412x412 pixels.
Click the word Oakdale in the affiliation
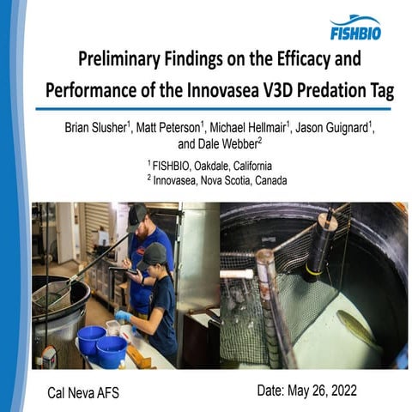(219, 164)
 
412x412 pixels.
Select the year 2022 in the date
(341, 390)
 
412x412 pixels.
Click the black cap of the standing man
(138, 213)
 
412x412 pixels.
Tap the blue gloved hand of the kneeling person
(123, 316)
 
